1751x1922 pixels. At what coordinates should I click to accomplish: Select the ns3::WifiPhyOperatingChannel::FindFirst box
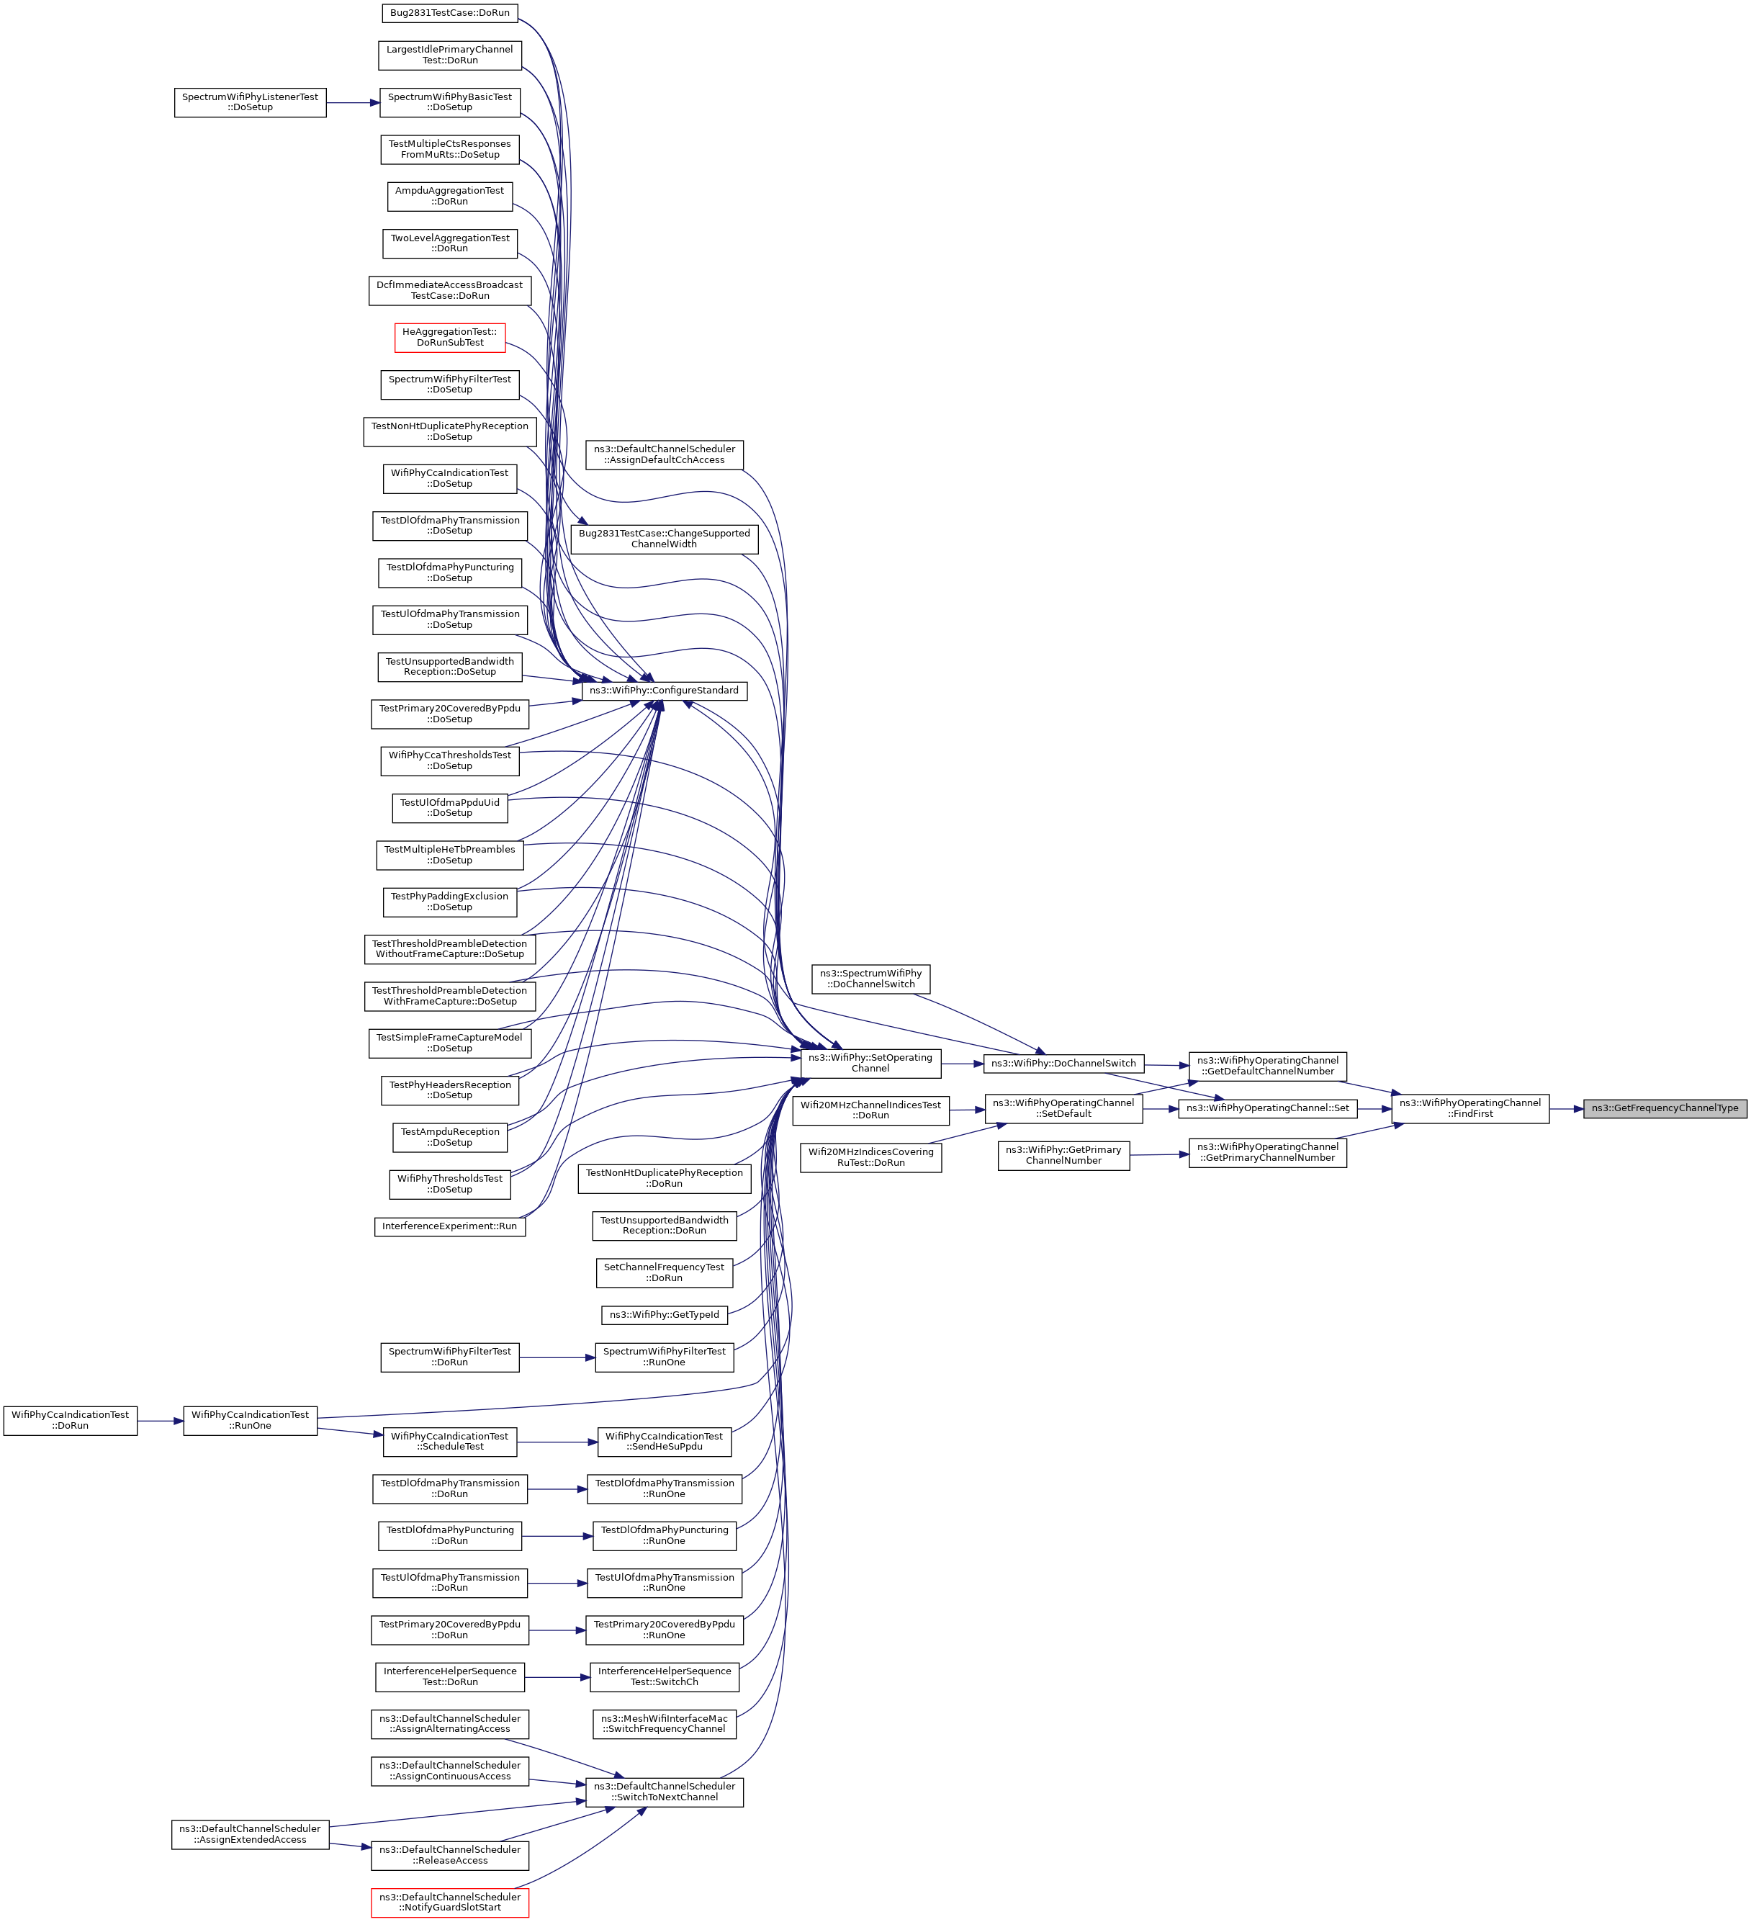[x=1469, y=1109]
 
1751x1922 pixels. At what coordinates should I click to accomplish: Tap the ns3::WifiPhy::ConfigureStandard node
[x=663, y=691]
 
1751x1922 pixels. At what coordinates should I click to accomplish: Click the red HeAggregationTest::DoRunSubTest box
[x=450, y=338]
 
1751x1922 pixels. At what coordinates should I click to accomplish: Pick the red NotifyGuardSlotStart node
[x=450, y=1903]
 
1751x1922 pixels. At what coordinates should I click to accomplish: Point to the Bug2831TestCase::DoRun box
[x=450, y=14]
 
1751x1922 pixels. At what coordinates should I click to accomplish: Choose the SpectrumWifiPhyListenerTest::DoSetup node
[x=250, y=102]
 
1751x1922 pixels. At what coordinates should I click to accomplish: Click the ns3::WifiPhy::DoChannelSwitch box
[x=1063, y=1063]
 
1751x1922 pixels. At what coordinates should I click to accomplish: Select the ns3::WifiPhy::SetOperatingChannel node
[x=870, y=1063]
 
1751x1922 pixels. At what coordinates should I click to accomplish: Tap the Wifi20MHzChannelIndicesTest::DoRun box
[x=870, y=1110]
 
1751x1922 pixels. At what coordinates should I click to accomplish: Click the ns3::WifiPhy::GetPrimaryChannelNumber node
[x=1063, y=1156]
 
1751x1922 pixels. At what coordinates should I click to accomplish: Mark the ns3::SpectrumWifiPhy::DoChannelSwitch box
[x=870, y=979]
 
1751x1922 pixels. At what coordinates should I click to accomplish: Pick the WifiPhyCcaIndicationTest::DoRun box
[x=71, y=1421]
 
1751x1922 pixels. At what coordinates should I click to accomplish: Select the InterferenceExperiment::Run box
[x=450, y=1226]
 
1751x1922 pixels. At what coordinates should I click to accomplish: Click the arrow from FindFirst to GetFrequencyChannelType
[x=1566, y=1109]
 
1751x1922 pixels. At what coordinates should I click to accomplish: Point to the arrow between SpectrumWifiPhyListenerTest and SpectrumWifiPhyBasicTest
[x=353, y=102]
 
